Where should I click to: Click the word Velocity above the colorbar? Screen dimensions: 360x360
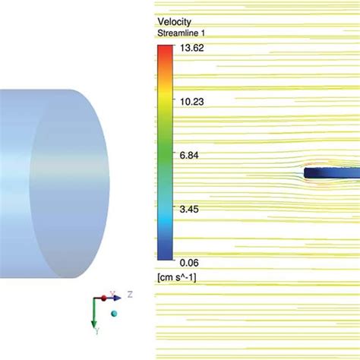(174, 22)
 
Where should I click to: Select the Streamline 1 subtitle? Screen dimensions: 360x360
(181, 33)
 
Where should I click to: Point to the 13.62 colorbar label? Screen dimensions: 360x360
(191, 48)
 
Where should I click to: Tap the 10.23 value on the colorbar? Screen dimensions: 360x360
(191, 102)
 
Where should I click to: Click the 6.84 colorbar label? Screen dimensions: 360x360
(189, 155)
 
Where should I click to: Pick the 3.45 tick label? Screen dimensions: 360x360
(189, 210)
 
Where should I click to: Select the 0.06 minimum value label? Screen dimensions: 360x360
(189, 263)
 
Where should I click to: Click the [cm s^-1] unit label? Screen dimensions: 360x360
(177, 278)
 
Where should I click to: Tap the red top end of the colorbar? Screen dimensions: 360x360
(165, 48)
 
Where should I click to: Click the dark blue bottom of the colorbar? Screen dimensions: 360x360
(165, 254)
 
